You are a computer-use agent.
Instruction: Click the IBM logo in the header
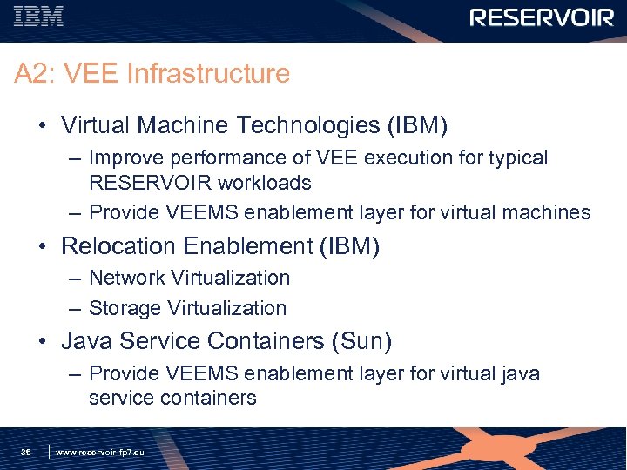38,17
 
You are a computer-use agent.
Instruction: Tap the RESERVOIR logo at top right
542,18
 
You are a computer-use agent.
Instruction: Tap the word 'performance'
221,158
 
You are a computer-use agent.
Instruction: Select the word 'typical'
516,158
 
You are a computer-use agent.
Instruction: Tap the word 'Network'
127,278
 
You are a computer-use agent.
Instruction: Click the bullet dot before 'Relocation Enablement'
42,247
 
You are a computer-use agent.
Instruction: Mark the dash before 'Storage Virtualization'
73,309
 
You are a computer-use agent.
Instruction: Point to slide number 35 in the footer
26,453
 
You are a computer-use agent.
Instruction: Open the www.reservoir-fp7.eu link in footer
100,453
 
